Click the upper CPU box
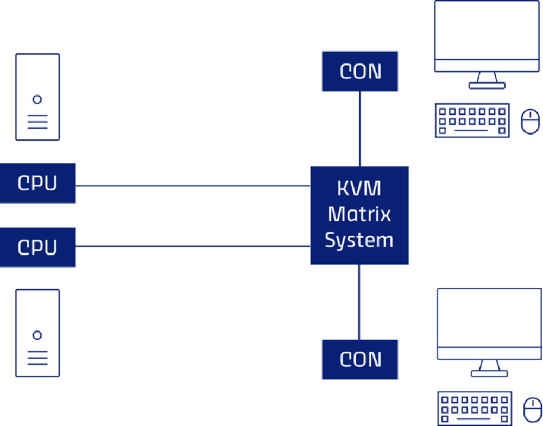(37, 183)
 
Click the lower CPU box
(37, 247)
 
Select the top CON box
(360, 71)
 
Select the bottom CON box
(360, 359)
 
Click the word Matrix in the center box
(359, 214)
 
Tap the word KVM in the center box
(359, 189)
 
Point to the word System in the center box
(359, 239)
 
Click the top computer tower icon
(37, 97)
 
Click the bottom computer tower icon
(37, 333)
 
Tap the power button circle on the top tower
(37, 99)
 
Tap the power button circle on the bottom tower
(37, 335)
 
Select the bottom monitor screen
(489, 320)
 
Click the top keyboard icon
(472, 120)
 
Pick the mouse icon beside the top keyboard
(531, 121)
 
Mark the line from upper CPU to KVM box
(193, 186)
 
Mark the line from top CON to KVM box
(359, 128)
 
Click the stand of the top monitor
(487, 81)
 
